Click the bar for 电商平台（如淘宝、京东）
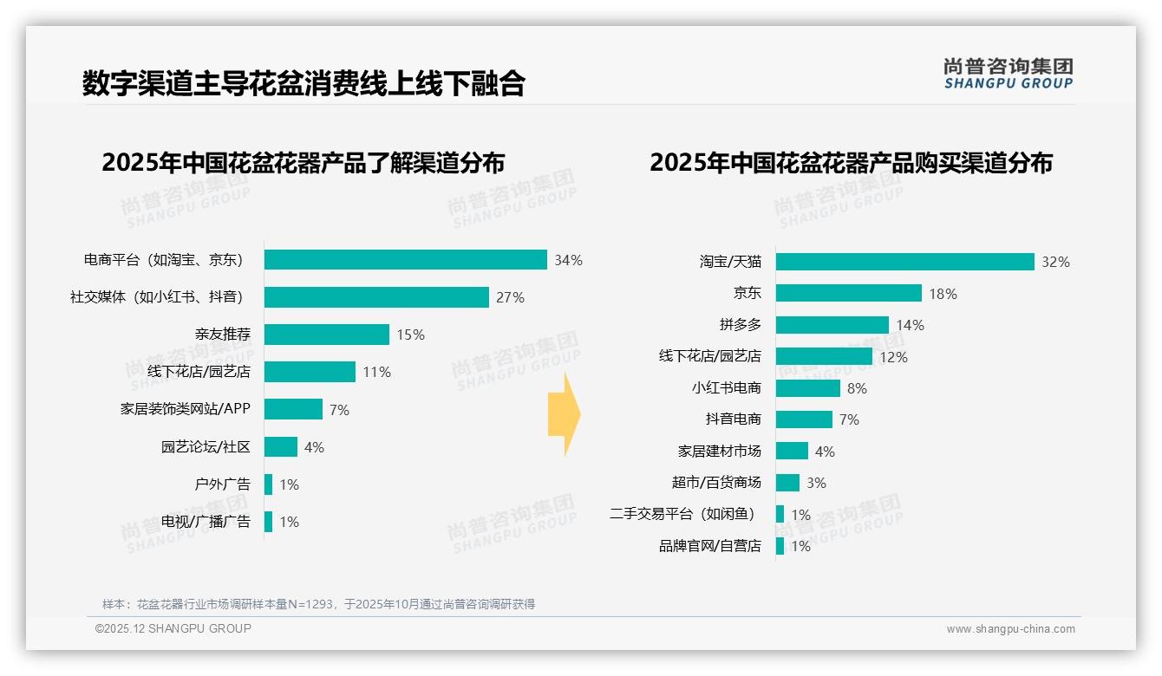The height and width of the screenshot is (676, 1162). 405,260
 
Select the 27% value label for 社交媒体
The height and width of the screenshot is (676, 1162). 510,297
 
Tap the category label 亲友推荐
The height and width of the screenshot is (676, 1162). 223,335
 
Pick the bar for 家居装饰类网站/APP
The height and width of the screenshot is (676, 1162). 293,409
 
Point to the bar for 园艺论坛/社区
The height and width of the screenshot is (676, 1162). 280,447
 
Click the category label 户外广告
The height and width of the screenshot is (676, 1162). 222,484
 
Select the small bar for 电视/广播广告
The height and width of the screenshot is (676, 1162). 268,522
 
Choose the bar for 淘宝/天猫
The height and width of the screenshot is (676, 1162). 904,262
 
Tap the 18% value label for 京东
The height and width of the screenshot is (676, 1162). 943,294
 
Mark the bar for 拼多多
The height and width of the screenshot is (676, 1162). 832,325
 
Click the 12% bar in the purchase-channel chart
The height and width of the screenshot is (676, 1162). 824,356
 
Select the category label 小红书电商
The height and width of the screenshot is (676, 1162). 726,388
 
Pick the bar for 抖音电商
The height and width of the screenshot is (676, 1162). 804,419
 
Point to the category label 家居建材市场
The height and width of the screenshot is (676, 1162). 719,452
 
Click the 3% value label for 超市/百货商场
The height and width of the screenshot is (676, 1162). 816,483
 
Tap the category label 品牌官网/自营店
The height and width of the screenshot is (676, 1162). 709,546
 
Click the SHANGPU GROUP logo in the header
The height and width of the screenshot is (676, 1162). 1008,74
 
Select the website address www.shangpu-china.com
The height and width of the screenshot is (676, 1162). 1010,629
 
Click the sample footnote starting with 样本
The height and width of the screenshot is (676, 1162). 318,604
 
